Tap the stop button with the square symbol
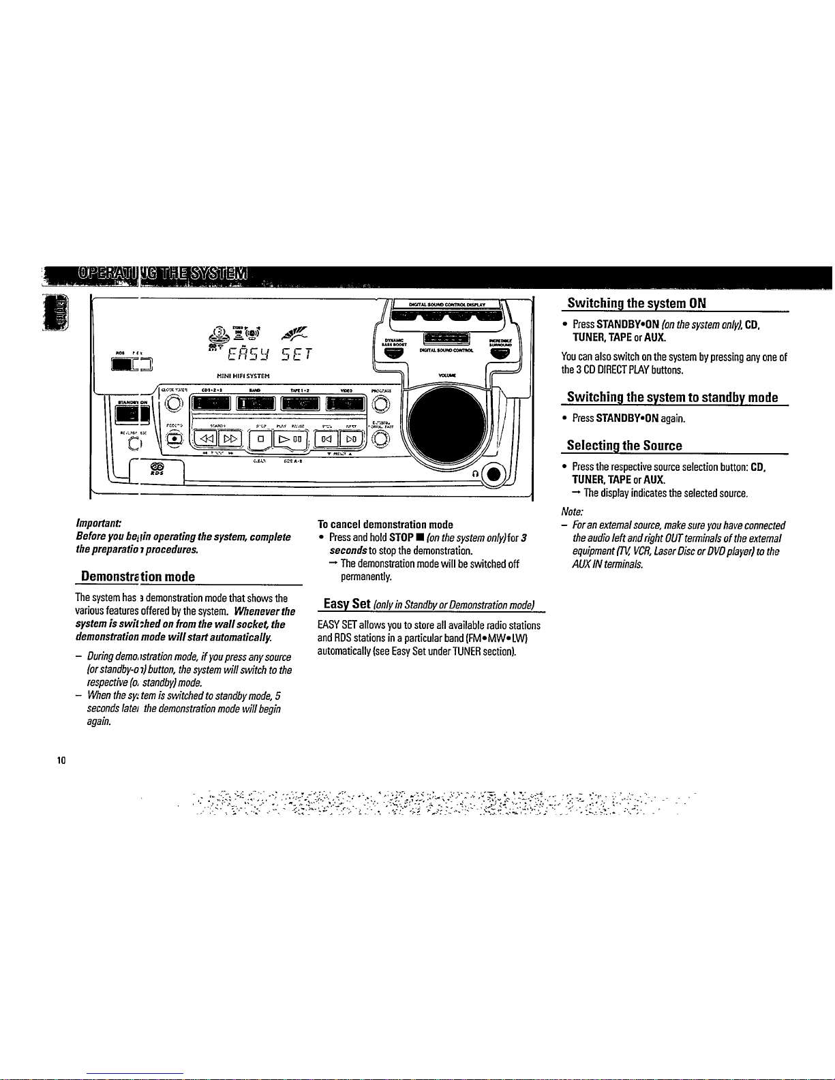coord(260,437)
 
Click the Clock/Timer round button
coord(175,403)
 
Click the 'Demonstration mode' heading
coord(138,576)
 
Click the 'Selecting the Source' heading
coord(624,446)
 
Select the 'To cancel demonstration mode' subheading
coord(385,525)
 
